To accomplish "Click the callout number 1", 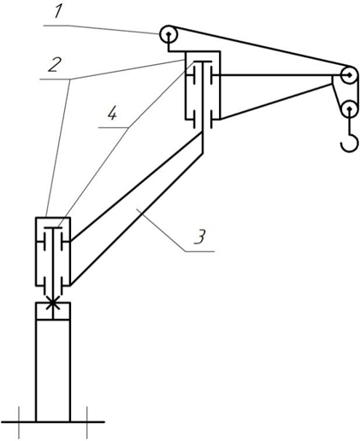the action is click(58, 12).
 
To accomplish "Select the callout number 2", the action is click(55, 65).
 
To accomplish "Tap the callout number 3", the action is click(200, 237).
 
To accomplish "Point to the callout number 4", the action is click(112, 114).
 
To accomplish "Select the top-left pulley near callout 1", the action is click(168, 34).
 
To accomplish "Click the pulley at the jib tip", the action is click(349, 75).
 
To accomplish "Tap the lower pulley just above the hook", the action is click(349, 109).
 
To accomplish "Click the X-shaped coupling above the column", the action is click(53, 303).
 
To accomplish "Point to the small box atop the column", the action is click(53, 311).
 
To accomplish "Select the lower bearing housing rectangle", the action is click(53, 251).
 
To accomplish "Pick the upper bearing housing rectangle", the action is click(203, 85).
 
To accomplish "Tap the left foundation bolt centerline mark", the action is click(19, 422).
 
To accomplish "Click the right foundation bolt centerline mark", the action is click(87, 422).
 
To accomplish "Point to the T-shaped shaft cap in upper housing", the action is click(203, 62).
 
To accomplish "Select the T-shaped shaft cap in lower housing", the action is click(53, 228).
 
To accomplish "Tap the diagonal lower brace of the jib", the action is click(276, 102).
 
